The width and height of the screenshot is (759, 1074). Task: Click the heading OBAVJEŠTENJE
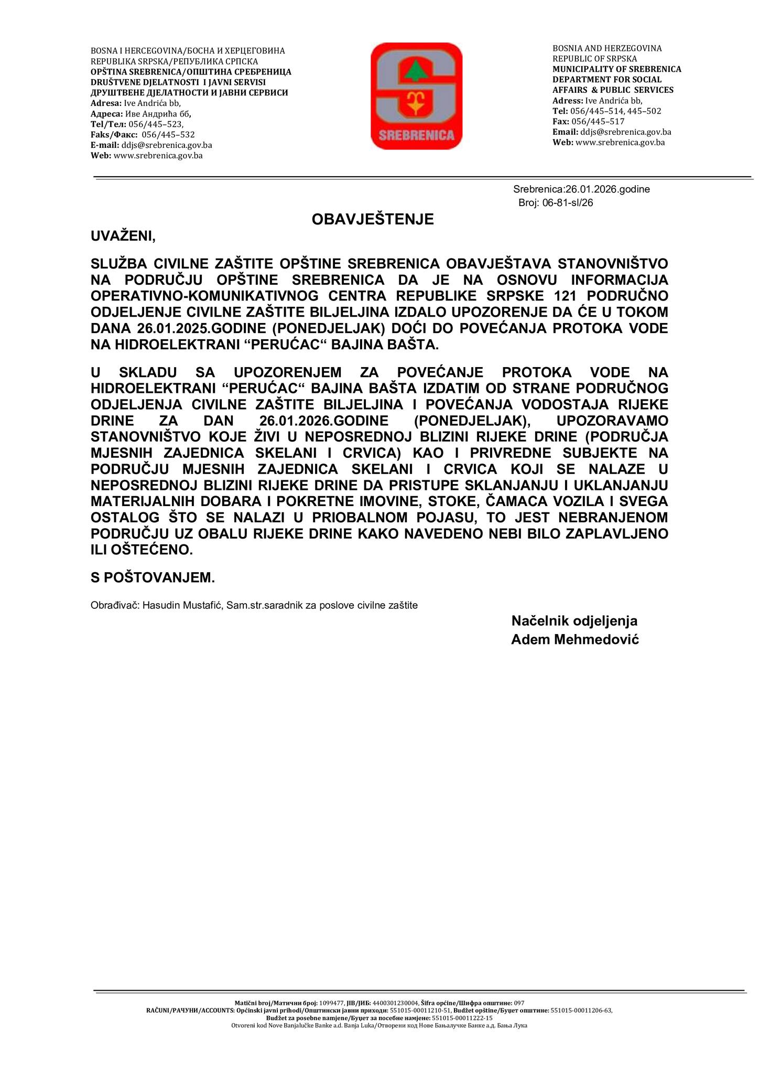click(x=373, y=219)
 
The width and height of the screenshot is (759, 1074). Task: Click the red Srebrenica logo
click(x=416, y=96)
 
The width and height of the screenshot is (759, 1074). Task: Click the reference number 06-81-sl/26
click(x=568, y=203)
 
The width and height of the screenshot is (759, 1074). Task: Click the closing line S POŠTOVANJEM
click(x=153, y=578)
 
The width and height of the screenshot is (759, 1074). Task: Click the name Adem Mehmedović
click(x=574, y=640)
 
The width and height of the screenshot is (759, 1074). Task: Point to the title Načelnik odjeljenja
click(x=574, y=621)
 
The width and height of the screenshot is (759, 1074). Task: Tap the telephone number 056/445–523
click(x=156, y=124)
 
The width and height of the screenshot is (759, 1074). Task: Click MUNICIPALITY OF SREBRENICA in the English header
click(x=616, y=69)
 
